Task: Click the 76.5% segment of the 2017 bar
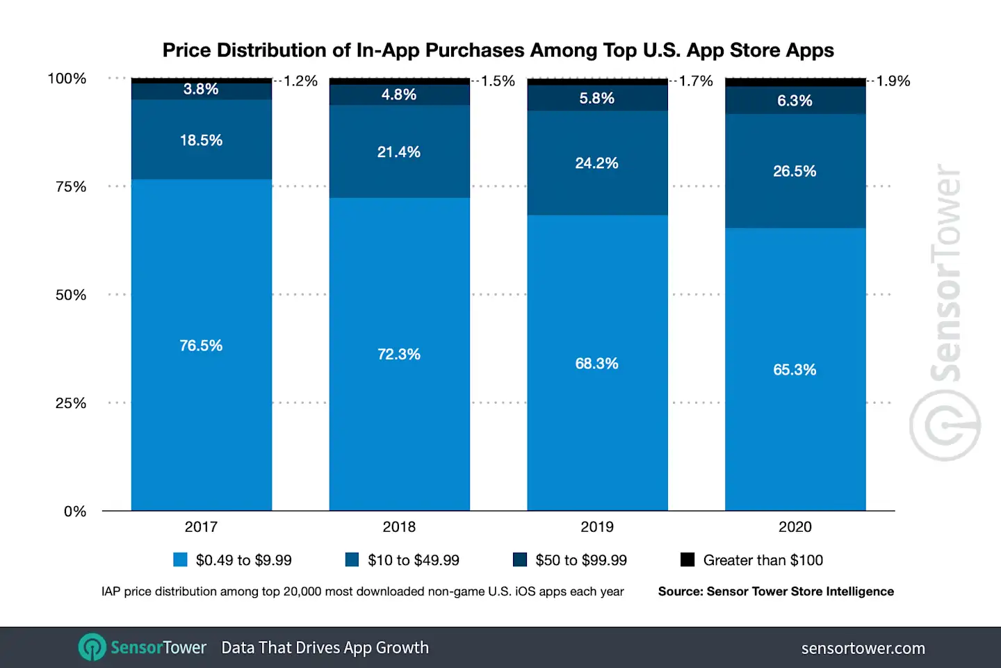(x=201, y=345)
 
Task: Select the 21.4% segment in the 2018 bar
(x=399, y=152)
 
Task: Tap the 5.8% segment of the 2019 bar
(x=597, y=98)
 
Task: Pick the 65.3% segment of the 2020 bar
(x=795, y=369)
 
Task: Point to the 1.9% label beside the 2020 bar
(x=893, y=81)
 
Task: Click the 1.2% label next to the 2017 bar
(x=300, y=81)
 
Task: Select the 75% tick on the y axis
(x=71, y=186)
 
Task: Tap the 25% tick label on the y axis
(x=71, y=403)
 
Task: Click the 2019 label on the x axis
(x=597, y=527)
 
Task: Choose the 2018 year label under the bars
(x=399, y=527)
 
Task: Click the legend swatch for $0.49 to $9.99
(x=180, y=560)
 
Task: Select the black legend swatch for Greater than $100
(x=687, y=560)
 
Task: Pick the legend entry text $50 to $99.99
(x=581, y=560)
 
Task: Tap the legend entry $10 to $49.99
(x=414, y=560)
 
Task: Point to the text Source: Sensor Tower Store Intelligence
(x=776, y=592)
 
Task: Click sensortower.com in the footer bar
(x=863, y=648)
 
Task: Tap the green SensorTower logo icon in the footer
(x=92, y=647)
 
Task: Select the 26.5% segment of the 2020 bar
(x=795, y=171)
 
